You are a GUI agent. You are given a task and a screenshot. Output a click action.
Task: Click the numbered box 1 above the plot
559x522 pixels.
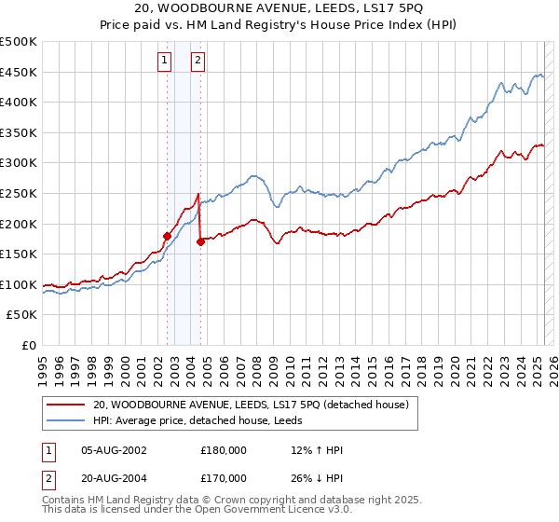pyautogui.click(x=165, y=62)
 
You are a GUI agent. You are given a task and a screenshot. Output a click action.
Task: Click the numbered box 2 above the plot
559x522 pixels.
pyautogui.click(x=198, y=62)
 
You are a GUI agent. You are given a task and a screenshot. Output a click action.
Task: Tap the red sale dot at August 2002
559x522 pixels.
pyautogui.click(x=167, y=236)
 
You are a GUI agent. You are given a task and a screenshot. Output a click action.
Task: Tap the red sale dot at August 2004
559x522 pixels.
pyautogui.click(x=200, y=241)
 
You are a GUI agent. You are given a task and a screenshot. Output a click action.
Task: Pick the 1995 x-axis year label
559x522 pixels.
pyautogui.click(x=43, y=363)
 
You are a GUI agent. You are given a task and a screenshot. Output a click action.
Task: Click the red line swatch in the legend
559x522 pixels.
pyautogui.click(x=65, y=405)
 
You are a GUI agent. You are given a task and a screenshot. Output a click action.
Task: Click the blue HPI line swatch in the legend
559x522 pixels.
pyautogui.click(x=65, y=420)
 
